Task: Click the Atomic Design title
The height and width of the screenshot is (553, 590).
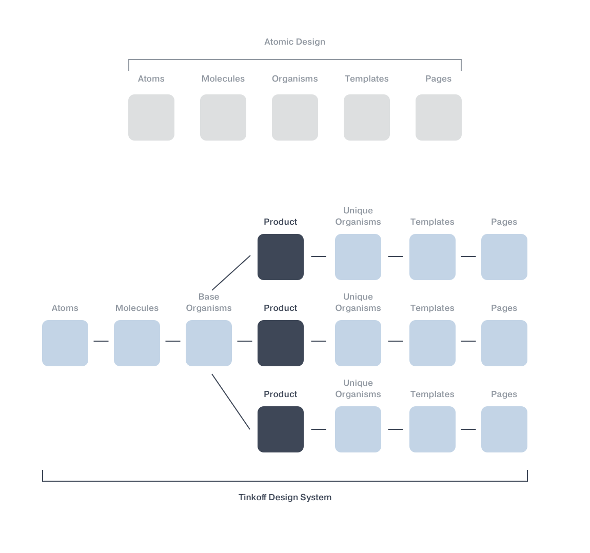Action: (x=294, y=42)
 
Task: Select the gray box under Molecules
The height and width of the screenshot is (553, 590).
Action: (x=223, y=117)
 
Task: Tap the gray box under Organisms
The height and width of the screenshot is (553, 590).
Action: (x=295, y=117)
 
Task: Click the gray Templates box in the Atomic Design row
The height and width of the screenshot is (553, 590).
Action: (x=367, y=117)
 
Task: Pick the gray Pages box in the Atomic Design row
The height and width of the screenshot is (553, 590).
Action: (x=439, y=117)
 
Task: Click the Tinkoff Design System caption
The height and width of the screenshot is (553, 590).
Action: (x=285, y=497)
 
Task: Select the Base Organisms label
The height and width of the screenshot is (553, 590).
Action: (x=209, y=303)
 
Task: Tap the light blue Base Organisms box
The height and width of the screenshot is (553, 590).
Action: (x=209, y=343)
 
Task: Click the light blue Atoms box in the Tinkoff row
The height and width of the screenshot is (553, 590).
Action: (x=65, y=343)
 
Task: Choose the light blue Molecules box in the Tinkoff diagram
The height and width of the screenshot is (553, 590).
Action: (x=137, y=343)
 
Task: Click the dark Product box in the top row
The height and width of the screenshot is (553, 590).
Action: (x=281, y=257)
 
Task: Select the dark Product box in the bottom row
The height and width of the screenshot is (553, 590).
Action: (x=281, y=429)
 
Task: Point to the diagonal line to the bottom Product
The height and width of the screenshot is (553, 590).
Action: (x=231, y=402)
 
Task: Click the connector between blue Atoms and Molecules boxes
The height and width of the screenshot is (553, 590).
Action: (x=101, y=341)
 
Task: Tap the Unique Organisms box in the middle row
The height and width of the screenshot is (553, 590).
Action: (x=358, y=343)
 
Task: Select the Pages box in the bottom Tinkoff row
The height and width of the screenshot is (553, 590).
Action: (x=504, y=429)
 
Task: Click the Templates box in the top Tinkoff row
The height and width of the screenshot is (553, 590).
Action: (x=432, y=257)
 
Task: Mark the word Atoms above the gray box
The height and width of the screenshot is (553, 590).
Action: (x=151, y=79)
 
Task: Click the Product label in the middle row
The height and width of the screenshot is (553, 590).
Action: (x=281, y=308)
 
